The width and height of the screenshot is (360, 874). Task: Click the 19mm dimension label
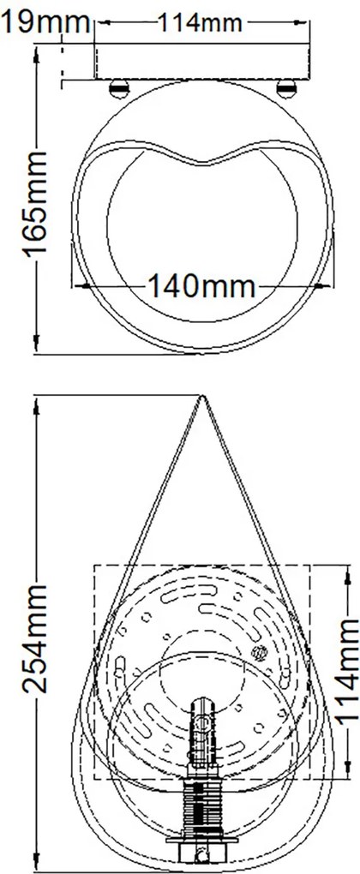click(45, 23)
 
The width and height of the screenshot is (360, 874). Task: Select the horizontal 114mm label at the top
click(201, 23)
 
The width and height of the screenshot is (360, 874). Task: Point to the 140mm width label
click(201, 286)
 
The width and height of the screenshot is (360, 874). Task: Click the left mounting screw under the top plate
click(118, 87)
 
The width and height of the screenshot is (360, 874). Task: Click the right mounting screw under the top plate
click(286, 87)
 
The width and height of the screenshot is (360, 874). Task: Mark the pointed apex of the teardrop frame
click(201, 396)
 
